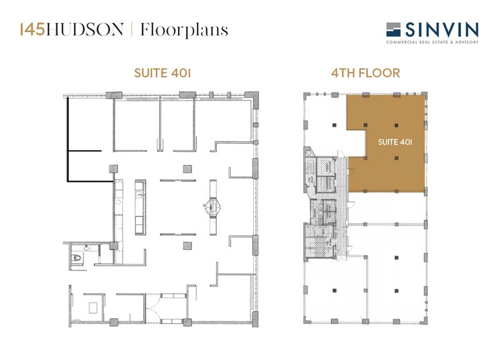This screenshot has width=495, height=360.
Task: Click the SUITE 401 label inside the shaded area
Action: (x=393, y=141)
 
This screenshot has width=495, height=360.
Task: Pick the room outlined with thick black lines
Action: (x=89, y=141)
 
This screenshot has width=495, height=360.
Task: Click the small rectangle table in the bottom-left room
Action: (x=95, y=306)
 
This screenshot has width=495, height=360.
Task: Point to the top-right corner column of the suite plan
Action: (x=249, y=95)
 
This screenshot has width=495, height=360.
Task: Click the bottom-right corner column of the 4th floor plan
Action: (x=422, y=321)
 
